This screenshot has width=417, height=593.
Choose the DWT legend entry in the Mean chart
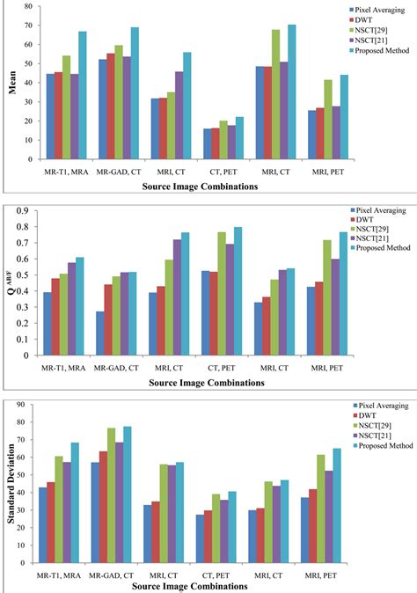point(362,18)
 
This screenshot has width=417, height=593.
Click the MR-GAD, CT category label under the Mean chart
point(120,170)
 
